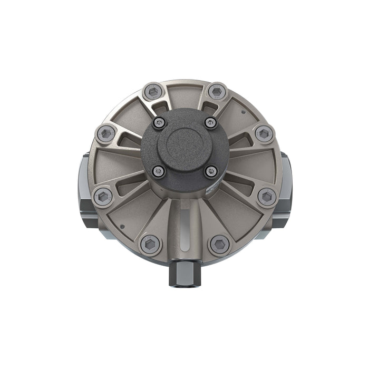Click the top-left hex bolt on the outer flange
[153, 92]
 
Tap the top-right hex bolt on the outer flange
[216, 91]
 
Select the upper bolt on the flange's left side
[106, 133]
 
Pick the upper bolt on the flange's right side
[264, 133]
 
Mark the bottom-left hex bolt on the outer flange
[151, 244]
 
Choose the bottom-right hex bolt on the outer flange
[219, 244]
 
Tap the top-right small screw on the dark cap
[210, 123]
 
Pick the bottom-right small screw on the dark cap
[211, 171]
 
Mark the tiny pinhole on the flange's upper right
[242, 112]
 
